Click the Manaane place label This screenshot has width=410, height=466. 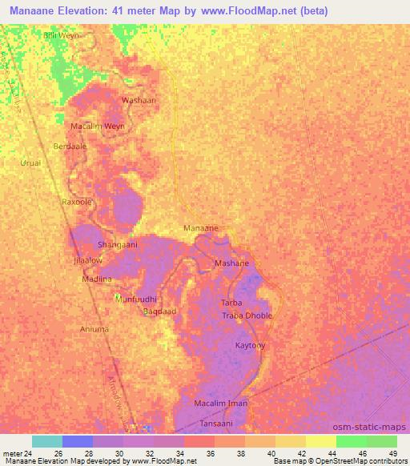(201, 228)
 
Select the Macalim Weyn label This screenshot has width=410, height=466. (98, 127)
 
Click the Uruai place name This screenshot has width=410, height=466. (30, 163)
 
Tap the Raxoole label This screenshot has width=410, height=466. (78, 203)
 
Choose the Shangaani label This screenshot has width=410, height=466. (118, 245)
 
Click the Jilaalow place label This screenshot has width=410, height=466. (87, 260)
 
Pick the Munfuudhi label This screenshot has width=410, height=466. (135, 298)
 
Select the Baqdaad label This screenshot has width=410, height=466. (159, 311)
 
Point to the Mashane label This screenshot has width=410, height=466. (231, 263)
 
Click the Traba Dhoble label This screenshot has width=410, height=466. (247, 315)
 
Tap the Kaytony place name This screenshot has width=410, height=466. (250, 345)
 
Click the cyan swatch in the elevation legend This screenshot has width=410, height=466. (47, 441)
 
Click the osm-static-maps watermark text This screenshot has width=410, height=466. (376, 426)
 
